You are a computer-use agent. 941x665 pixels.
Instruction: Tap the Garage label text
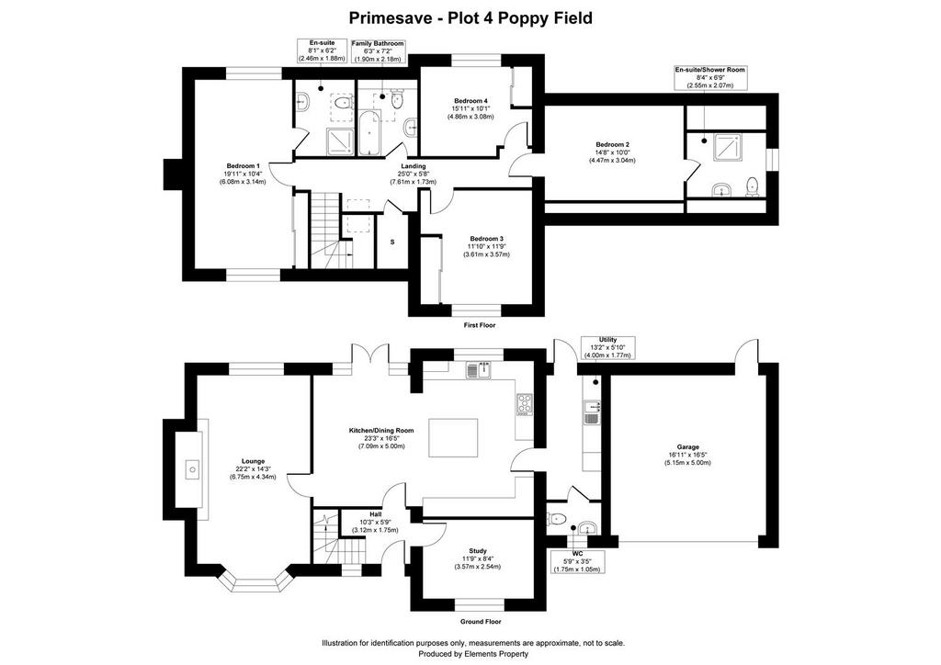tap(687, 446)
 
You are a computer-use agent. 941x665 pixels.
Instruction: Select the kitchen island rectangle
tap(454, 438)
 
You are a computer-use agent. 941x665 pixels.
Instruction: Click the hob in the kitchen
tap(525, 404)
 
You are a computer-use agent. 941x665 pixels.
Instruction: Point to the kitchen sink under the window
tap(478, 370)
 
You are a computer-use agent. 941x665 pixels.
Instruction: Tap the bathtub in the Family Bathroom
tap(368, 132)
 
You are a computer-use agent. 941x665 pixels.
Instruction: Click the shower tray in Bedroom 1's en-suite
tap(340, 141)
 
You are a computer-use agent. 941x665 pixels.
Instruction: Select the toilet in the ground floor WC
tap(556, 518)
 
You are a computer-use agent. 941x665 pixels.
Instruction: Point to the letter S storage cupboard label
tap(392, 242)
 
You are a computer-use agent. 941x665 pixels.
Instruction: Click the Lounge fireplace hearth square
tap(192, 468)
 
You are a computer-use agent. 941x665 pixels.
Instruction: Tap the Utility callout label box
tap(608, 348)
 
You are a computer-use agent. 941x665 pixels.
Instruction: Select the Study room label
tap(478, 551)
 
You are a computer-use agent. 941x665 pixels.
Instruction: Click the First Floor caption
tap(480, 325)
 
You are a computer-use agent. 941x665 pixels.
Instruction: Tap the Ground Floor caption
tap(480, 622)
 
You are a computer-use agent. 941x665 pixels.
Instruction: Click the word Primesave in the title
tap(391, 18)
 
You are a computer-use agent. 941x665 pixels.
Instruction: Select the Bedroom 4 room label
tap(470, 100)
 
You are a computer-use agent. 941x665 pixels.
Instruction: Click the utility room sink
tap(592, 412)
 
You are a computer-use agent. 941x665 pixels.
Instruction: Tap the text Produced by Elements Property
tap(473, 654)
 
